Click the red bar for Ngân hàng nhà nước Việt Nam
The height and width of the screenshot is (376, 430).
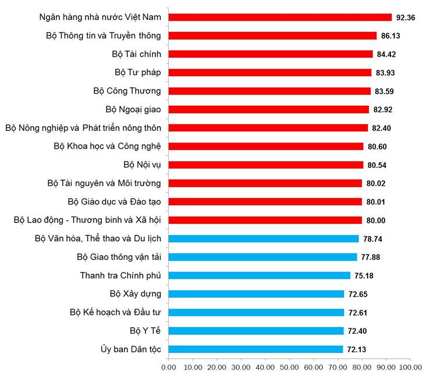coord(280,17)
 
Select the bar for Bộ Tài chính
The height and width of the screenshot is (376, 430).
coord(271,54)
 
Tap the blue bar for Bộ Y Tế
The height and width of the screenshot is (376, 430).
coord(256,331)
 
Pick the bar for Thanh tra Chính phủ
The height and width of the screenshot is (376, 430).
coord(260,275)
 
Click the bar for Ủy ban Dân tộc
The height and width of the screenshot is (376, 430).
coord(256,349)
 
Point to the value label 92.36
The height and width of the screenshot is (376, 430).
coord(406,17)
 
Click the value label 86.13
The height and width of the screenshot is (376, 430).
coord(390,36)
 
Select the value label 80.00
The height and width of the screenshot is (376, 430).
coord(376,220)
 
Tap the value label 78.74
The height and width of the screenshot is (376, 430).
coord(372,239)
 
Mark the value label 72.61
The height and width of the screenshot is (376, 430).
coord(358,313)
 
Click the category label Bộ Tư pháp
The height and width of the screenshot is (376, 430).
coord(138,73)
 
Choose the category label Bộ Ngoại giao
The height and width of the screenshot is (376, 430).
coord(133,109)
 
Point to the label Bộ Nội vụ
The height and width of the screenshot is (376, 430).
coord(142,165)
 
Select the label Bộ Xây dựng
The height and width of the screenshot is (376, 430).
coord(136,294)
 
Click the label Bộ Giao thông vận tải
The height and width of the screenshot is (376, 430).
coord(119,257)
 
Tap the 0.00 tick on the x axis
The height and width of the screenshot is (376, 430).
coord(169,367)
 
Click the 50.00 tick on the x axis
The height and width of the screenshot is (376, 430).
coord(289,367)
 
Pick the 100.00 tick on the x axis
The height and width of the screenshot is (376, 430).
coord(410,367)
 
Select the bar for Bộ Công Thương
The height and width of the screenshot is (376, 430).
coord(269,91)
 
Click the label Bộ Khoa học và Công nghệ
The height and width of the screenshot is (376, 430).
coord(107,146)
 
